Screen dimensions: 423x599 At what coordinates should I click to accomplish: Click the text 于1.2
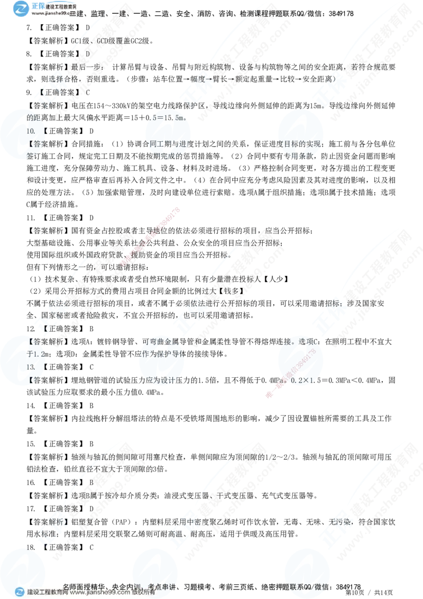[x=34, y=353]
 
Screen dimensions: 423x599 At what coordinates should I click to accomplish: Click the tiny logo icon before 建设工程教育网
[x=20, y=593]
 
